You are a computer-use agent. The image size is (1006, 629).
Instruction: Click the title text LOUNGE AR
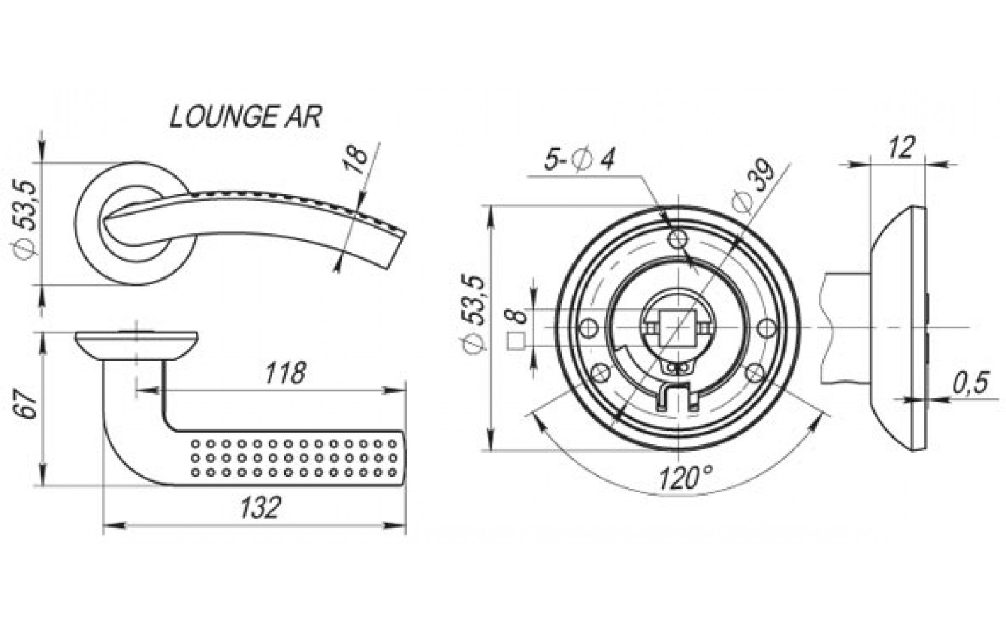pyautogui.click(x=246, y=117)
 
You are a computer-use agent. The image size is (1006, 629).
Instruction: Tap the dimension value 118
pyautogui.click(x=285, y=373)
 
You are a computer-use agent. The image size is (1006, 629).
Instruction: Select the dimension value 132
pyautogui.click(x=261, y=507)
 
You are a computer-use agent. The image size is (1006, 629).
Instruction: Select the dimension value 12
pyautogui.click(x=901, y=147)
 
